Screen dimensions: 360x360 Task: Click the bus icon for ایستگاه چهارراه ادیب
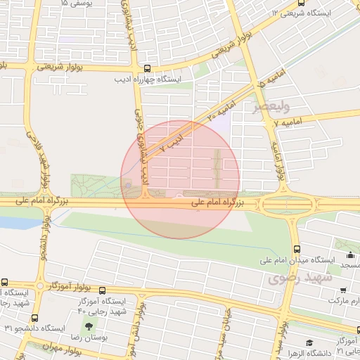(146, 69)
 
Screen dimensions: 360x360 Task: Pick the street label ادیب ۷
(171, 143)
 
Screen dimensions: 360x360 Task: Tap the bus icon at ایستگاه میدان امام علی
(297, 249)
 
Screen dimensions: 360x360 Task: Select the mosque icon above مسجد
(350, 255)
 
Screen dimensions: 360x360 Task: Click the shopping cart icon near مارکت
(342, 290)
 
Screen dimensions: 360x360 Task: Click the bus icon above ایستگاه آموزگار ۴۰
(102, 290)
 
